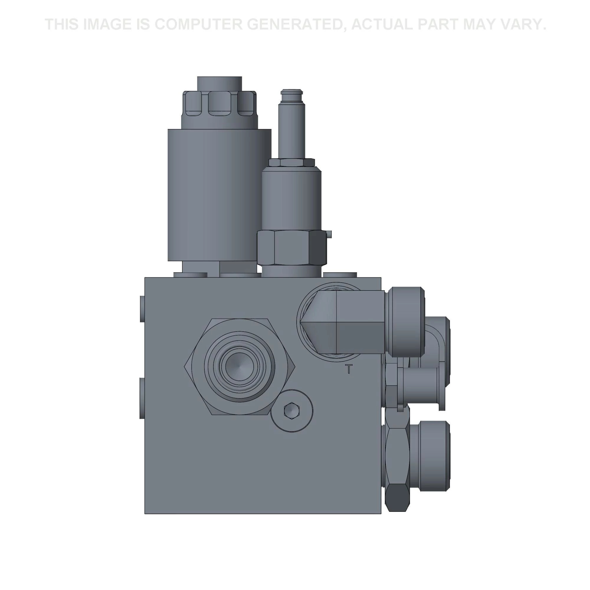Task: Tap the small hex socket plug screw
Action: (x=292, y=410)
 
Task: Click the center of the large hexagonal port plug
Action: (x=240, y=366)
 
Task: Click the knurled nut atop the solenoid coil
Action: (x=219, y=104)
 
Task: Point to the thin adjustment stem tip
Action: (x=292, y=92)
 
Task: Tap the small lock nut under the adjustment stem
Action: (x=292, y=162)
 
